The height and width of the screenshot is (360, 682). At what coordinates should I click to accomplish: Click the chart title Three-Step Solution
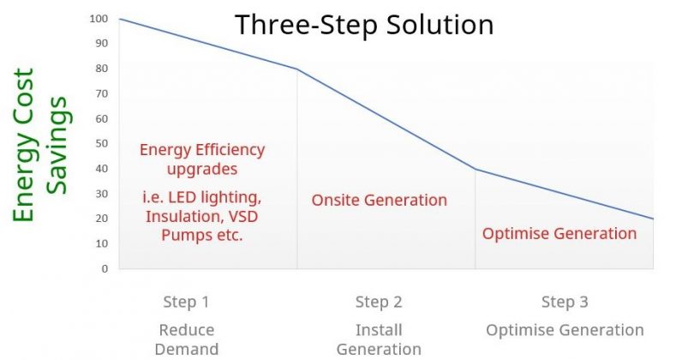[364, 25]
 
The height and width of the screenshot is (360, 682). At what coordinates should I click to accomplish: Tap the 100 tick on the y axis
[99, 19]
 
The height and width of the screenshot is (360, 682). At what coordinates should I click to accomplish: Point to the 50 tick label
[101, 144]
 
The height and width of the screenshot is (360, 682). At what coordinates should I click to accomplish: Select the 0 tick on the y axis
[105, 269]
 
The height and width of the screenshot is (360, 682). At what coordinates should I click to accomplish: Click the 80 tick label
[101, 69]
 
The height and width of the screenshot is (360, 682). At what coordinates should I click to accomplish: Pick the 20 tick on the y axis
[101, 219]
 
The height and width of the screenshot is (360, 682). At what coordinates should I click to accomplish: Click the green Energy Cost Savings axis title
[40, 145]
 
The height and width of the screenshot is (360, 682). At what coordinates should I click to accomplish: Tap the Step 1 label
[186, 302]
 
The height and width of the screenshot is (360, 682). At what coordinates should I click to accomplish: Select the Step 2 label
[379, 302]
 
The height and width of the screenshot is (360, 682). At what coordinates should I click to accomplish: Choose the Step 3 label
[565, 302]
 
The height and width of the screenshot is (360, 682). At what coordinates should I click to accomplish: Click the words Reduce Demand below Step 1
[187, 339]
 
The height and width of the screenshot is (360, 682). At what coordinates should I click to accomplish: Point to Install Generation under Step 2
[379, 339]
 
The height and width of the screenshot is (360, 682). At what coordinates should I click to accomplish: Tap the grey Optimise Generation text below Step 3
[565, 330]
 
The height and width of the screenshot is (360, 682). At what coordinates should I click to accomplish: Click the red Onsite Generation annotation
[380, 201]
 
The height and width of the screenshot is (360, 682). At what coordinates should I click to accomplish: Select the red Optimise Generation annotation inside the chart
[559, 234]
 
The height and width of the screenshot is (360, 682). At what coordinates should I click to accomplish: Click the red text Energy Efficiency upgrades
[202, 159]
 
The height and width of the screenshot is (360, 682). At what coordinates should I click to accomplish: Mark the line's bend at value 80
[297, 69]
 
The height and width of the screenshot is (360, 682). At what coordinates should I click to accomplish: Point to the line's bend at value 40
[475, 169]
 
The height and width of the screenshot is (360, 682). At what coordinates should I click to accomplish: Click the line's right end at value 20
[653, 219]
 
